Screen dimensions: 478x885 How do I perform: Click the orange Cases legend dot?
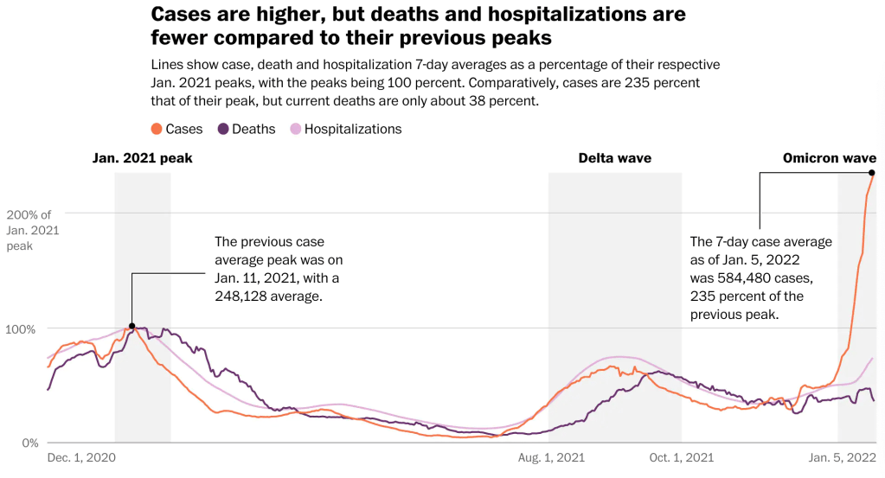pos(157,129)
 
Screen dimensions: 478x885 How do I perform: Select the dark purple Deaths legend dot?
pos(223,129)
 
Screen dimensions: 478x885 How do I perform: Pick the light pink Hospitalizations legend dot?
pos(295,129)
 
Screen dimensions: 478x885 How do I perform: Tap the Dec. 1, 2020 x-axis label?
pos(81,457)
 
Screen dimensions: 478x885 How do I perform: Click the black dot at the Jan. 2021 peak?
pos(131,327)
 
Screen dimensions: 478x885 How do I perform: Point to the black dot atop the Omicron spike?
pos(871,173)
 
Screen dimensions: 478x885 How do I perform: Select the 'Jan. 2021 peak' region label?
pos(143,158)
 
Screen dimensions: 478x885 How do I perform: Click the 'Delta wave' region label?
pos(615,158)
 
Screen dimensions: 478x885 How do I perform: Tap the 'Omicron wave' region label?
pos(829,158)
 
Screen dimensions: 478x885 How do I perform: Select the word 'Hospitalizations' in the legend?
pos(353,129)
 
